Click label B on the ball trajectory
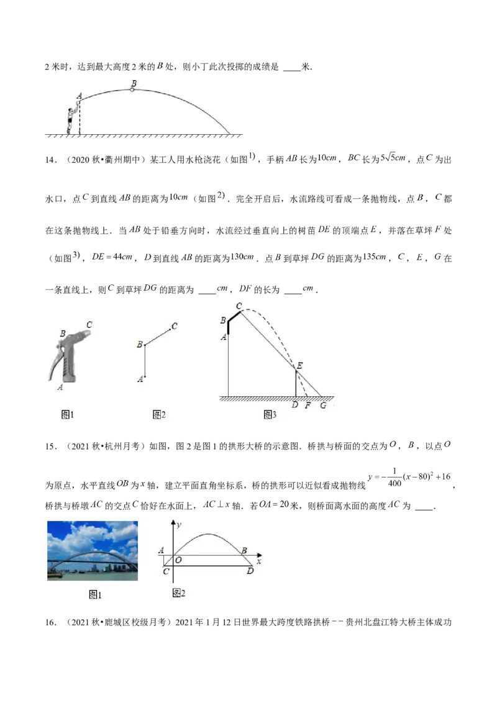133,82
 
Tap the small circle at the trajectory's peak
132,90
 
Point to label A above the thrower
79,96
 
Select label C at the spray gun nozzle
89,324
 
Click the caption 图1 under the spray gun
67,415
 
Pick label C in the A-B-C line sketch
174,325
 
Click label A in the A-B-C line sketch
140,378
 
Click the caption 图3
270,415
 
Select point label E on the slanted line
300,366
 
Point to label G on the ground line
322,406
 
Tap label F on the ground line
308,406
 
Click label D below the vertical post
294,406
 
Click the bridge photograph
93,550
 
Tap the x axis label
258,561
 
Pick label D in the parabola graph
250,571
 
